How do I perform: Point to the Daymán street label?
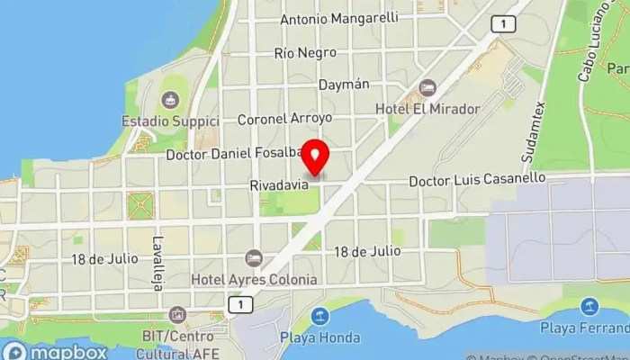click(x=344, y=85)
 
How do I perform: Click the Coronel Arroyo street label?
click(x=284, y=118)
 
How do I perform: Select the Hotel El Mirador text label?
click(x=427, y=108)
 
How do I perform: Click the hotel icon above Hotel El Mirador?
click(x=427, y=88)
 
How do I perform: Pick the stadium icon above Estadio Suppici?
click(x=168, y=99)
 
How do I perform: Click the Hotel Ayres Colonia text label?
click(x=254, y=279)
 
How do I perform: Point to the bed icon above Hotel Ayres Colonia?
click(x=254, y=258)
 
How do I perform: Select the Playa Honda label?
click(x=319, y=337)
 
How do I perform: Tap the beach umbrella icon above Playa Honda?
click(x=319, y=317)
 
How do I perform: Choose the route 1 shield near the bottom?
click(x=238, y=307)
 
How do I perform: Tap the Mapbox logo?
click(x=56, y=351)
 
